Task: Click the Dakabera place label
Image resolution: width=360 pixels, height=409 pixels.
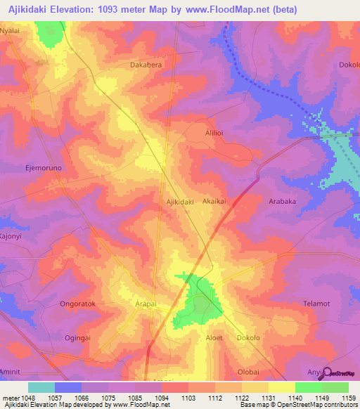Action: pos(146,65)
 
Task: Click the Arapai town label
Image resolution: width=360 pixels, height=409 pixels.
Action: pos(146,305)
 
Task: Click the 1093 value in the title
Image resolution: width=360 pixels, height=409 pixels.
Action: pos(117,9)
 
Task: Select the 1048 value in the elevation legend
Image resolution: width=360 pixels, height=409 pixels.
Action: pos(28,398)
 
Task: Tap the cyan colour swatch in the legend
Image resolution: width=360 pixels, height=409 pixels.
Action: pos(41,387)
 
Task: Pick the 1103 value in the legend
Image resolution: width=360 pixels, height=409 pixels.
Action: pos(188,398)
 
